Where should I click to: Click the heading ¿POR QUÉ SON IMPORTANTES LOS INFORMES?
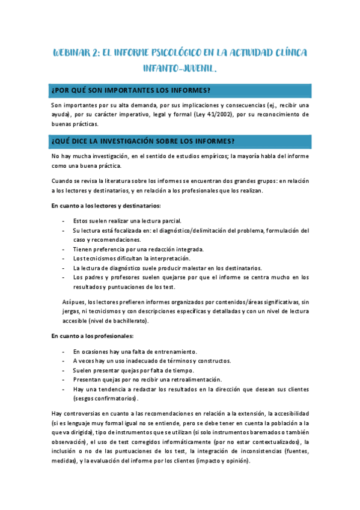pyautogui.click(x=131, y=91)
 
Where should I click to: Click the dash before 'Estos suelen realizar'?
pyautogui.click(x=64, y=221)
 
